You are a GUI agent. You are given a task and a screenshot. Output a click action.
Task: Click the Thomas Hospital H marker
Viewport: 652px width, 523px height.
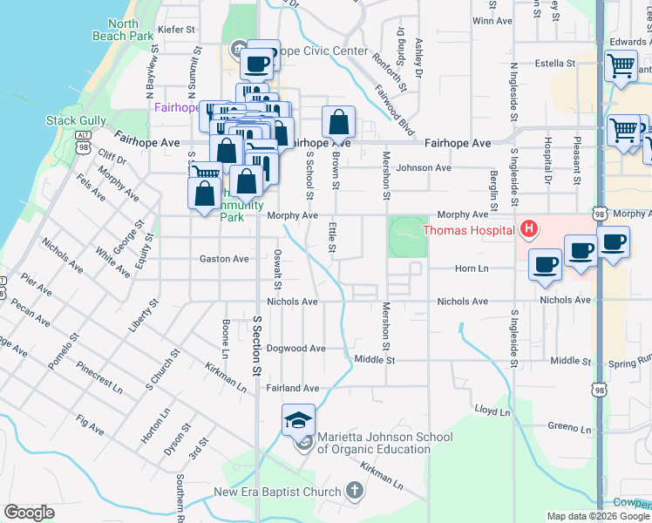pos(527,230)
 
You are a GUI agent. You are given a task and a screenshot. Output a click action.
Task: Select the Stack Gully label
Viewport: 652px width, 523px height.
pos(76,120)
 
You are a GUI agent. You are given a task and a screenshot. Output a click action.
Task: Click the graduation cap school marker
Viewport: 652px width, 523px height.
pos(298,419)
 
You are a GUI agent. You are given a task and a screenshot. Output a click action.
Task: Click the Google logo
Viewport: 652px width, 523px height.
pos(29,513)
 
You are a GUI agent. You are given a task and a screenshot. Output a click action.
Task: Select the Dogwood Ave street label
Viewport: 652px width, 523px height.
pos(295,348)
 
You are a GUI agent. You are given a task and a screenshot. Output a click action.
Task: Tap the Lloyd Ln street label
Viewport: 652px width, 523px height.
pos(492,410)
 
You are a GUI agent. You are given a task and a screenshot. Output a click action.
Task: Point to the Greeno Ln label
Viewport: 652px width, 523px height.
pos(570,428)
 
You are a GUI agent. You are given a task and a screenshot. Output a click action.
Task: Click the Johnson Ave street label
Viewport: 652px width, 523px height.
pos(424,167)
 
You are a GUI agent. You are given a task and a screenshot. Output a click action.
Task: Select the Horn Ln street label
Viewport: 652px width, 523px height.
pos(471,269)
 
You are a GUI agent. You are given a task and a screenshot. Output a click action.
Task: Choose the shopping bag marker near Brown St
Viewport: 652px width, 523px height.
pos(338,122)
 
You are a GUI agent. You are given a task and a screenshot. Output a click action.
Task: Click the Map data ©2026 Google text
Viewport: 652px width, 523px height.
pos(597,516)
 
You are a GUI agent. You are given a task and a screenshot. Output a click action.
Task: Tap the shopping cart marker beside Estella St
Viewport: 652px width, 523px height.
pos(621,65)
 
